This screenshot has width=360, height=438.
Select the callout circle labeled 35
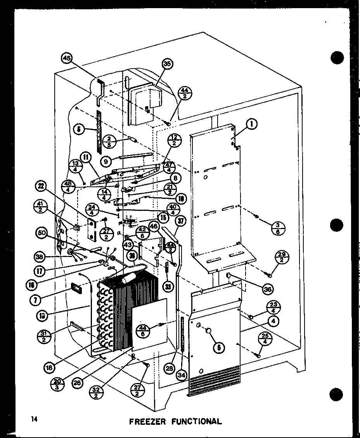(167, 64)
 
